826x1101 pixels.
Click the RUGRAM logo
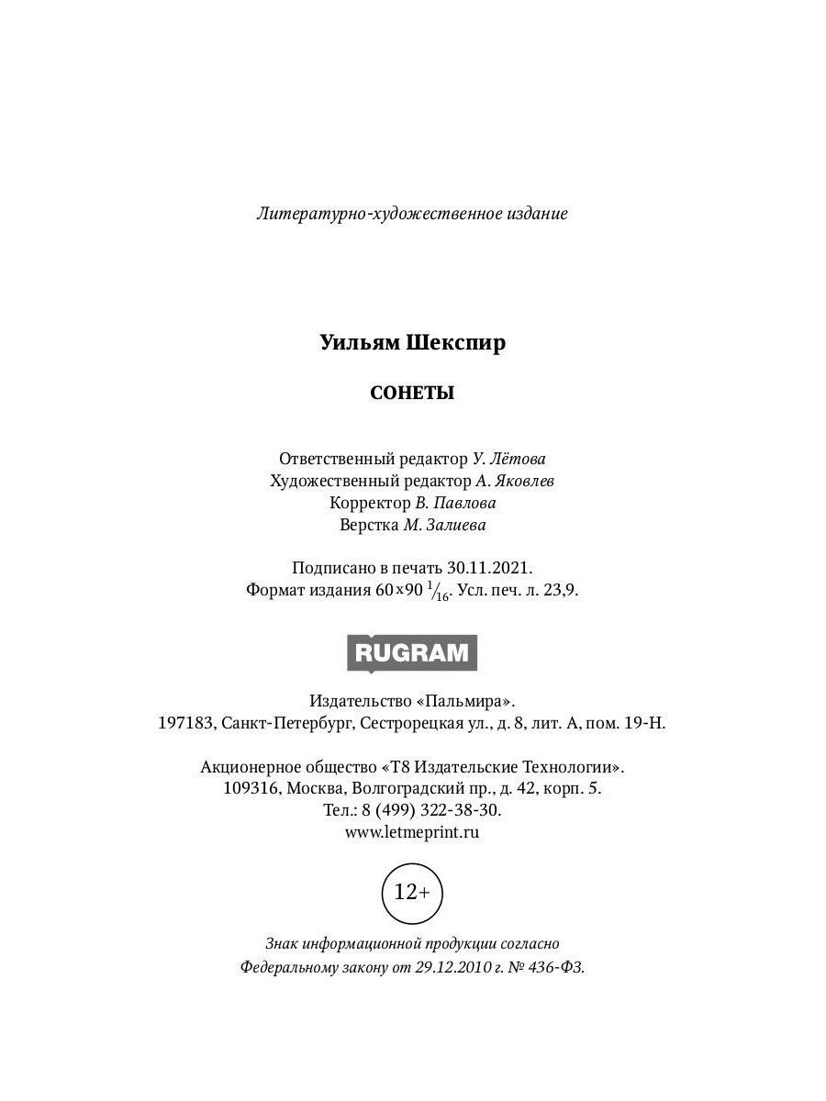pyautogui.click(x=412, y=653)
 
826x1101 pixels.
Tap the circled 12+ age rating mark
pyautogui.click(x=412, y=891)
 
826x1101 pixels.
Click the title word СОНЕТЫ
pyautogui.click(x=412, y=394)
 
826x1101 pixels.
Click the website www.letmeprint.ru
pyautogui.click(x=412, y=832)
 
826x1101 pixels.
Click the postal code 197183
pyautogui.click(x=185, y=723)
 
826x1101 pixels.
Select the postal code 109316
pyautogui.click(x=251, y=788)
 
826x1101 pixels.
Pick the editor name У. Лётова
pyautogui.click(x=515, y=458)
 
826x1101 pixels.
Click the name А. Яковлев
pyautogui.click(x=515, y=481)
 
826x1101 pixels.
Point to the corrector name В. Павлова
pyautogui.click(x=455, y=503)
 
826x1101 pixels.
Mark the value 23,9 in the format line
pyautogui.click(x=561, y=591)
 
